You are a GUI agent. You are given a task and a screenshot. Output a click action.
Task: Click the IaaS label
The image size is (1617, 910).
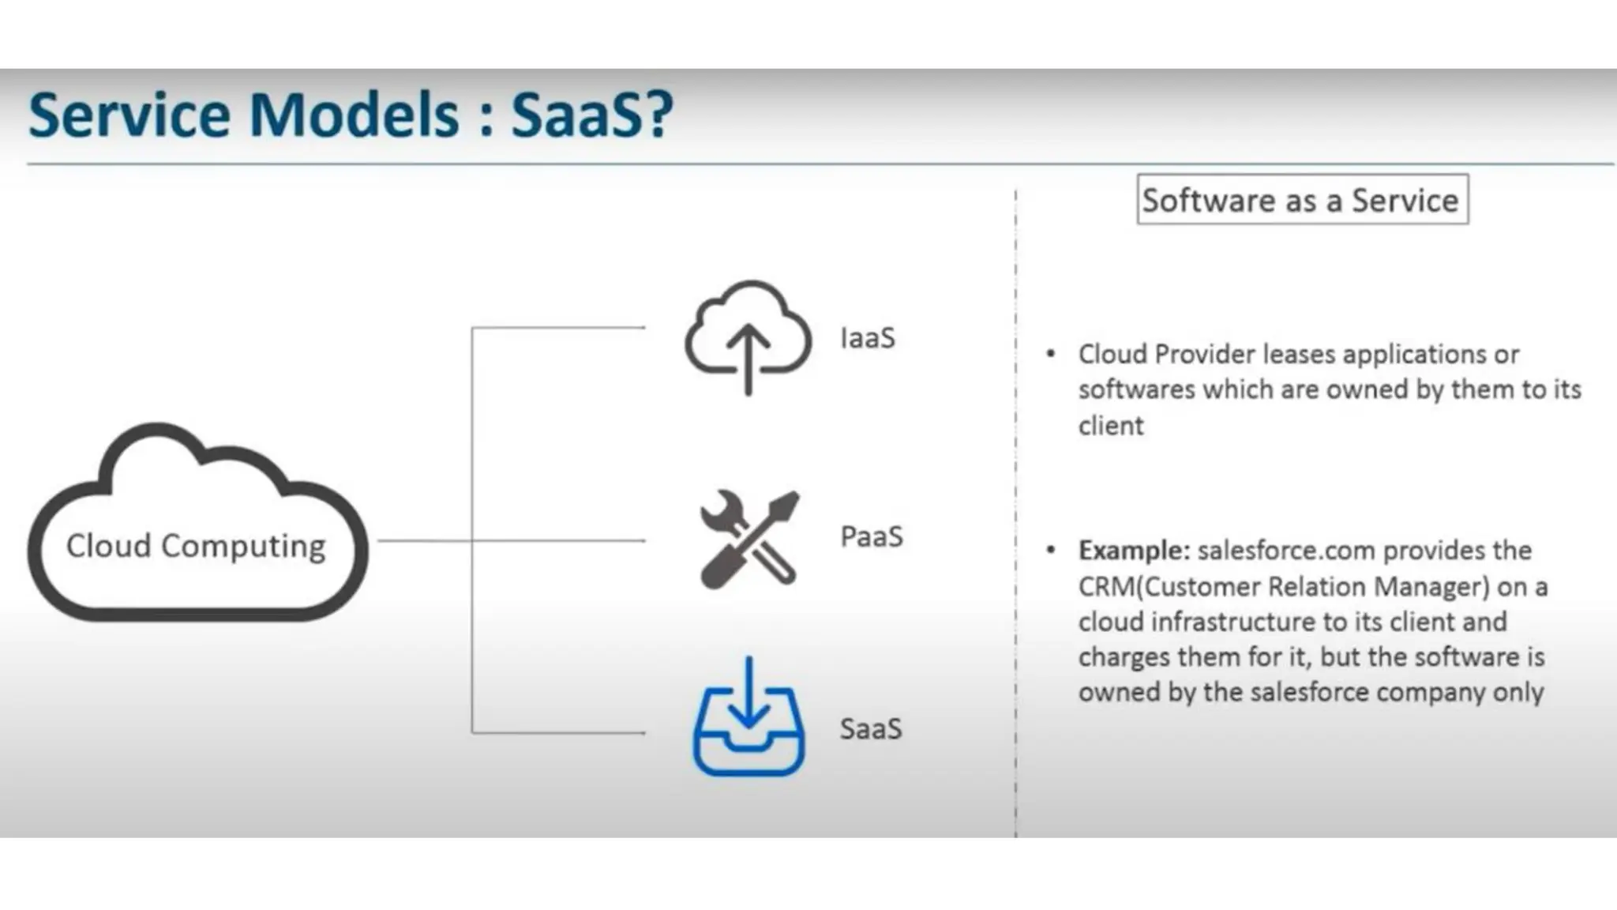[867, 338]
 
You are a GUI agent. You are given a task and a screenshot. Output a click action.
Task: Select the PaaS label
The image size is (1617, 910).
[871, 536]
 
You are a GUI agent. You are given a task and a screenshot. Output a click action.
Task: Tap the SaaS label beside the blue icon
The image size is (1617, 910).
[870, 728]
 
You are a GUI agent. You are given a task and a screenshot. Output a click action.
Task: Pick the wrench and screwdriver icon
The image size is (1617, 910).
[748, 540]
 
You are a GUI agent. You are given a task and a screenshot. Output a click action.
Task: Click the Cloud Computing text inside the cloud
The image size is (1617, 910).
[196, 546]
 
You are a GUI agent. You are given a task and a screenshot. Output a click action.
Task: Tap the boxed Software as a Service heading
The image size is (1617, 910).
[1301, 201]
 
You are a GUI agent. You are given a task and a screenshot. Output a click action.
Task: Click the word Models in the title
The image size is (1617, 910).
[354, 115]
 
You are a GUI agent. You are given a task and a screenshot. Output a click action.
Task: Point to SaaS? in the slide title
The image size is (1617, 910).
[592, 115]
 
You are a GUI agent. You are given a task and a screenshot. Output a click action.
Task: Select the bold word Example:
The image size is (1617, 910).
[1134, 550]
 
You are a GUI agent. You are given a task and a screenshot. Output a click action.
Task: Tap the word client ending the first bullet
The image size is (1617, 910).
[1110, 426]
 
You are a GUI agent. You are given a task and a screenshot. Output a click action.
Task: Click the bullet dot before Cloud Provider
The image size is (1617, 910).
[1050, 355]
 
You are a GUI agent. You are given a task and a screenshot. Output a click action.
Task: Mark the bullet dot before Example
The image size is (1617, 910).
[1050, 550]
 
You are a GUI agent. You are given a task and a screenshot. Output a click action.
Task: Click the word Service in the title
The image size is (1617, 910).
[130, 115]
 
